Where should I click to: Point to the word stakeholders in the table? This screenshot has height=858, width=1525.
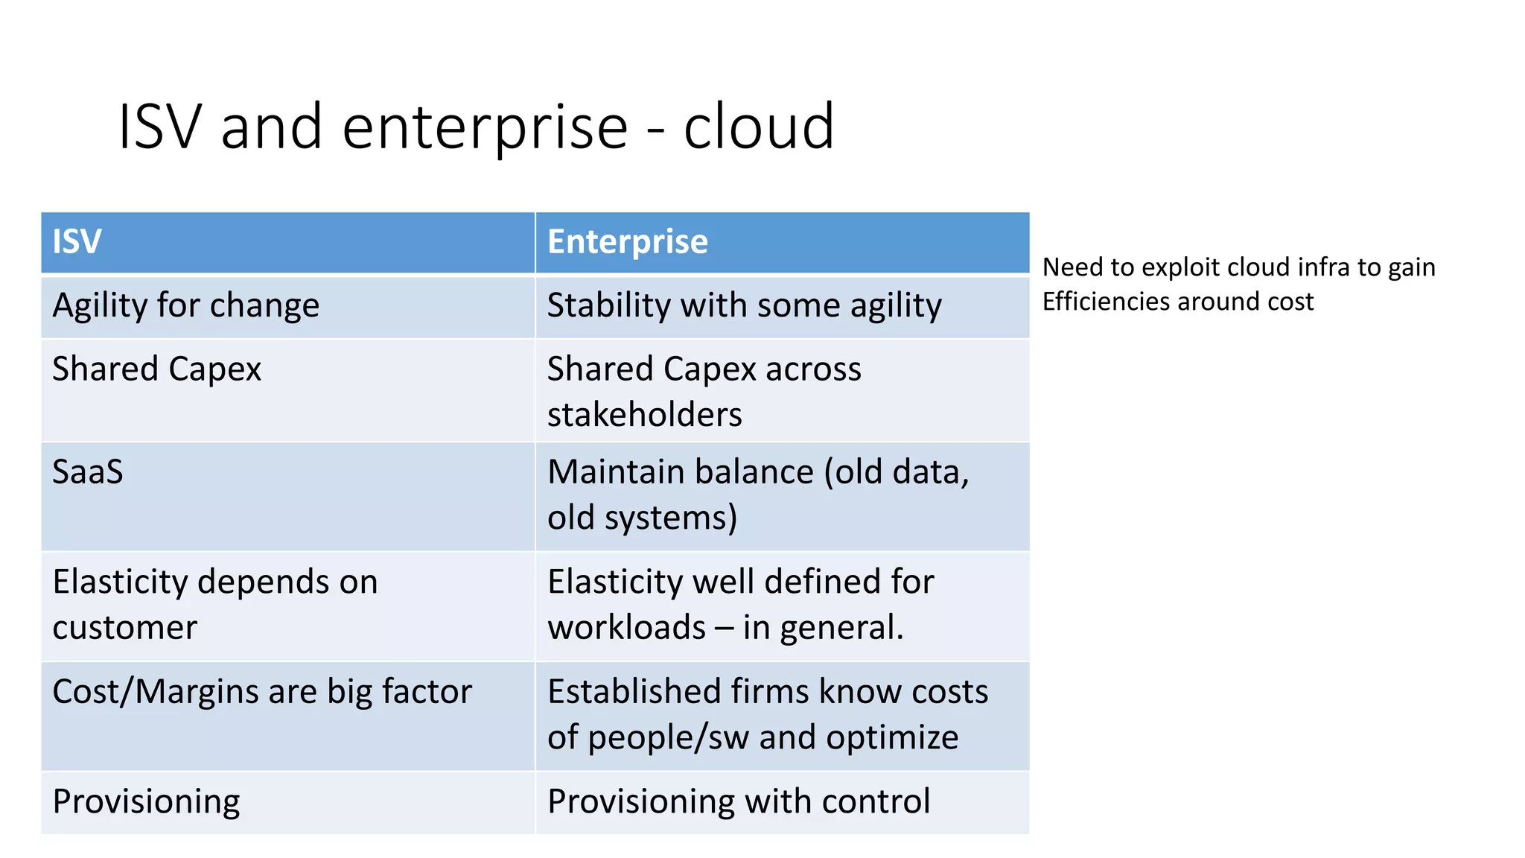click(644, 415)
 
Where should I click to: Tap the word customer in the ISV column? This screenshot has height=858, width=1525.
click(124, 628)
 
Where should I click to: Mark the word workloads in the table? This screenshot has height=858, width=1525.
click(626, 628)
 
